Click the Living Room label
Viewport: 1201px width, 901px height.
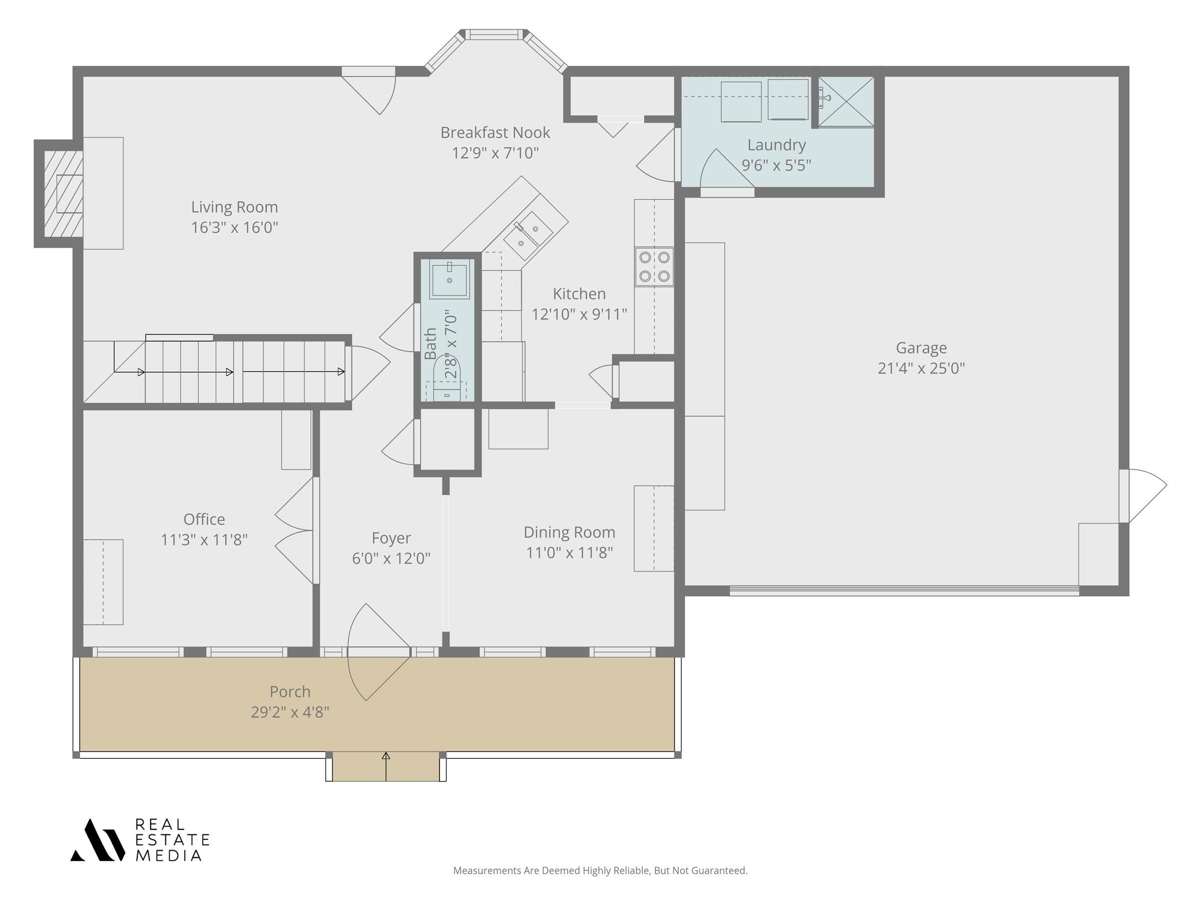(234, 207)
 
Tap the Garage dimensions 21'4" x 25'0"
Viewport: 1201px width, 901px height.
(921, 368)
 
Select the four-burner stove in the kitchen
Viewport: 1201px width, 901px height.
(654, 267)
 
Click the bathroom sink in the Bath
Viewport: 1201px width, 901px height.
(449, 279)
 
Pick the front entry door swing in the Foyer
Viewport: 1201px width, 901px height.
(375, 652)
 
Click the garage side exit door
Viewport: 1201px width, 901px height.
(1140, 496)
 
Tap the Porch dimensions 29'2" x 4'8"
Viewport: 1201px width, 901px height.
(290, 712)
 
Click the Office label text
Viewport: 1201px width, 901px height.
(204, 519)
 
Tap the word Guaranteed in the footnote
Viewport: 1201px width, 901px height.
(724, 870)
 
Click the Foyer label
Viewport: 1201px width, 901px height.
(391, 538)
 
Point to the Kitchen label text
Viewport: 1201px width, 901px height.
(579, 294)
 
